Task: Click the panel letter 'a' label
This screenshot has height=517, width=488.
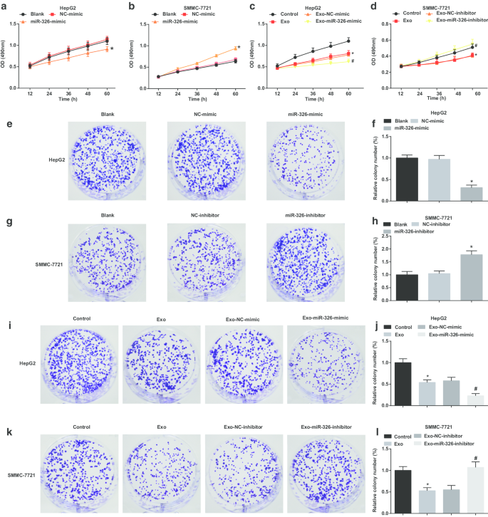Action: pos(6,6)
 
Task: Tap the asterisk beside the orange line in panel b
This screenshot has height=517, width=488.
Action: pos(239,48)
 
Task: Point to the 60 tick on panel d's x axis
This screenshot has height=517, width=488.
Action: pos(471,94)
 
